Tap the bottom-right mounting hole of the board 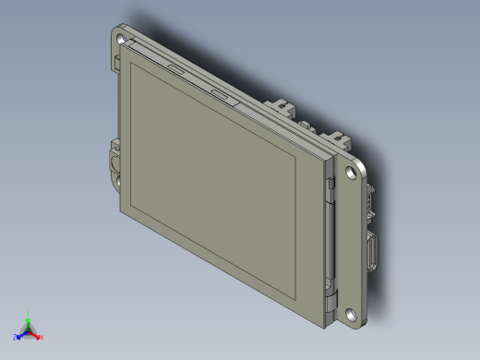pyautogui.click(x=352, y=314)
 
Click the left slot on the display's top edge pyautogui.click(x=174, y=68)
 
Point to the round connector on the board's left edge pyautogui.click(x=114, y=162)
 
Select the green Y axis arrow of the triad pyautogui.click(x=29, y=317)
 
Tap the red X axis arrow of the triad pyautogui.click(x=40, y=337)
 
